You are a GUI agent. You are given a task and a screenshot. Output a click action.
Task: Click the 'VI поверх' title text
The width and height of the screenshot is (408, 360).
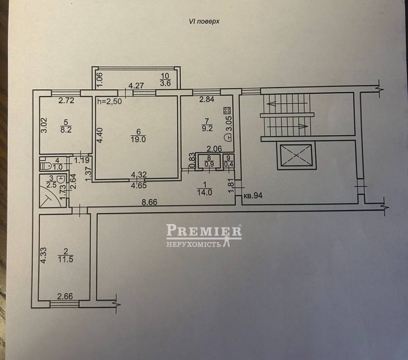coord(204,21)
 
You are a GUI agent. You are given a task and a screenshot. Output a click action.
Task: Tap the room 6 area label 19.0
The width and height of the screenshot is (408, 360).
coord(138,139)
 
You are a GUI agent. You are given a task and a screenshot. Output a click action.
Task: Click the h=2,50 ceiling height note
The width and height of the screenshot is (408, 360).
coord(109,101)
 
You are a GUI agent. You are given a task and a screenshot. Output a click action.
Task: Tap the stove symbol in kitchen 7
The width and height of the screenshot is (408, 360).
coord(227,110)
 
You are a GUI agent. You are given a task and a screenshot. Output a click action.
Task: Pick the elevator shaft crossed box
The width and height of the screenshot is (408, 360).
coord(296,155)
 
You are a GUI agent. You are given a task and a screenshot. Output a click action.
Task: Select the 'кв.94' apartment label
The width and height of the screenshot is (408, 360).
coord(253,195)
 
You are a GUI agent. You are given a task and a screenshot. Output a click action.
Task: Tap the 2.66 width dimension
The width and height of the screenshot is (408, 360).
coord(65,296)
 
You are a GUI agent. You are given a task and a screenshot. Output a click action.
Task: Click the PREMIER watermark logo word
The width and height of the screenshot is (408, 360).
coord(204,230)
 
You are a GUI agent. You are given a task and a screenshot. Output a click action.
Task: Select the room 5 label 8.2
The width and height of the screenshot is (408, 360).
coord(66,126)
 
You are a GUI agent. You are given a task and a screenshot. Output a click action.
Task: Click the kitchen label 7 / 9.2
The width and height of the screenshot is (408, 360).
coord(207,125)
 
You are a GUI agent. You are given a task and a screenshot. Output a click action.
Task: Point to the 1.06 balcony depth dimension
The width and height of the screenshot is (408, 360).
coord(100,79)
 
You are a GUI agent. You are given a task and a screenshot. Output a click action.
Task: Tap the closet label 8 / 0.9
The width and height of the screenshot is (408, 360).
coord(209,161)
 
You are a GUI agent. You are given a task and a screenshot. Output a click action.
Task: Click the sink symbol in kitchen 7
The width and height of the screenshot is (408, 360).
coord(228,137)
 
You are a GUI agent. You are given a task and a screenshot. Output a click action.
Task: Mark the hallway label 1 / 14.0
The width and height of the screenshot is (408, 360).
coord(205,189)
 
